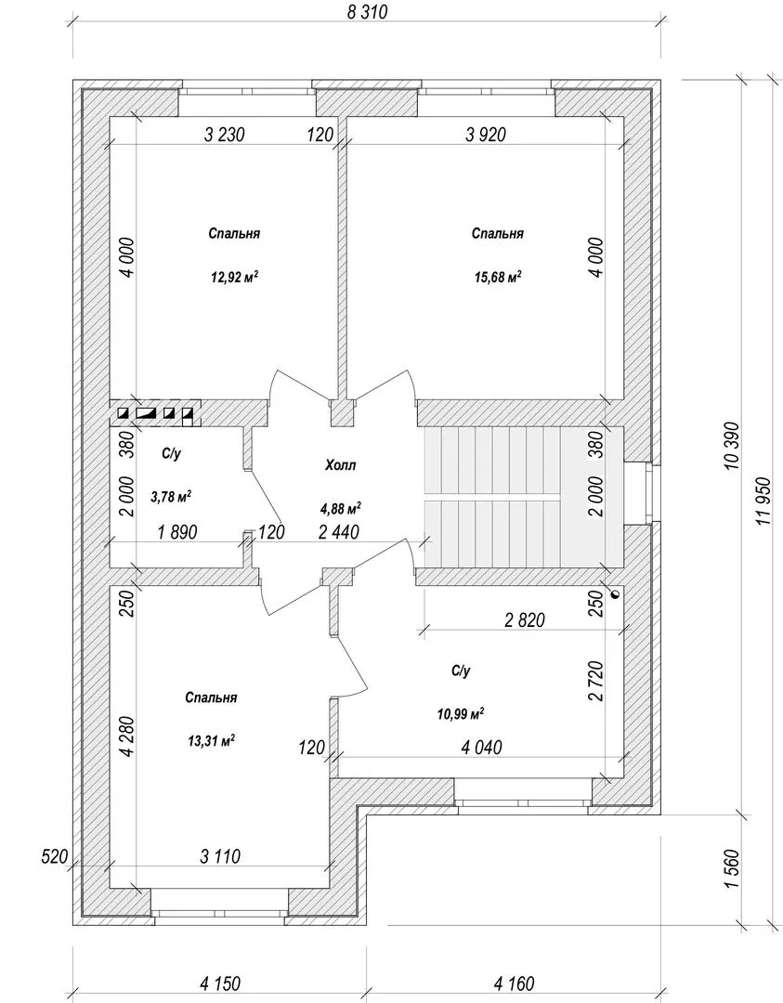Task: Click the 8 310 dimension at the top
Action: (367, 12)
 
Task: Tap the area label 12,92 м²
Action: (234, 277)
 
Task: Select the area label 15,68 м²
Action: (497, 277)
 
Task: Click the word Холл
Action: (340, 465)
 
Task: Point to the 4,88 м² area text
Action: (340, 509)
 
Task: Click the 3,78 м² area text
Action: (172, 497)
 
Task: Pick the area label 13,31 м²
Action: (211, 741)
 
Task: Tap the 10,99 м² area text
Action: (460, 714)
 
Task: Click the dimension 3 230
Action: (224, 135)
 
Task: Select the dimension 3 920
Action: (486, 135)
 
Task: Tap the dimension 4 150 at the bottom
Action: (220, 983)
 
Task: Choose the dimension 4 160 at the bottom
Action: (515, 983)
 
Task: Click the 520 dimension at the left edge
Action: (55, 856)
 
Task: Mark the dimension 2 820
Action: (525, 619)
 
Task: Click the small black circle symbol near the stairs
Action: (616, 594)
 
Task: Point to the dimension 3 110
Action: (220, 856)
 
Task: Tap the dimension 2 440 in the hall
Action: (338, 531)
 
